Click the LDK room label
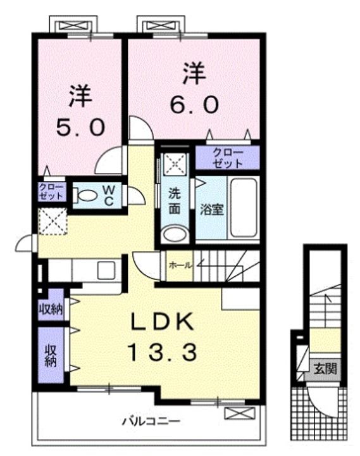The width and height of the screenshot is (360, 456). click(163, 321)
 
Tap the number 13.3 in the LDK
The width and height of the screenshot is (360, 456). click(162, 352)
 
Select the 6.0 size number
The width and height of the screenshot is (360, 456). click(194, 105)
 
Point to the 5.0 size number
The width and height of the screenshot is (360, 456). click(80, 127)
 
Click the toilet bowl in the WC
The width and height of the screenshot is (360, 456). click(88, 195)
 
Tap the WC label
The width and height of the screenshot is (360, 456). click(109, 195)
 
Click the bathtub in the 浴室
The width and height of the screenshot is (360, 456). click(244, 208)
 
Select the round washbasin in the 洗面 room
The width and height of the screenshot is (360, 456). click(175, 234)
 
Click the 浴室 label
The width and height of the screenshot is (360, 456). click(212, 210)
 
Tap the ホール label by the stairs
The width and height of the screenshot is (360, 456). click(180, 265)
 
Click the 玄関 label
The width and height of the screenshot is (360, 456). click(325, 369)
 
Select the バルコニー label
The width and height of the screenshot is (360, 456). click(151, 421)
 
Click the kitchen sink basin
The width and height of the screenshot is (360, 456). click(106, 270)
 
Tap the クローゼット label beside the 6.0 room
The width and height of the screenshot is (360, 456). click(227, 158)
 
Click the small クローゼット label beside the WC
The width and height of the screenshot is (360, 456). click(51, 192)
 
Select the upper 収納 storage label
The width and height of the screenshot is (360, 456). click(51, 310)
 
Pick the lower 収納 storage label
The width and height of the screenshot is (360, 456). click(51, 356)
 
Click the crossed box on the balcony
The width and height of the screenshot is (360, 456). click(240, 413)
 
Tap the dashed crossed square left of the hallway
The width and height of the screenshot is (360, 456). click(53, 221)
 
